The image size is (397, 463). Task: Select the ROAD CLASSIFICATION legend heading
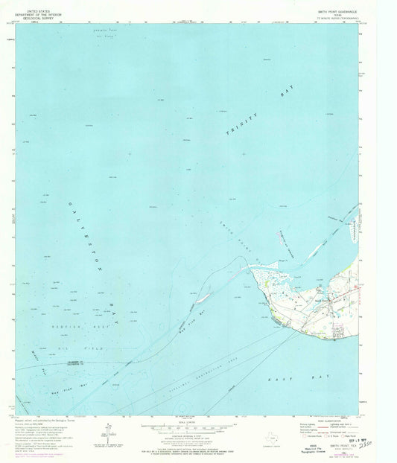click(x=324, y=419)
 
